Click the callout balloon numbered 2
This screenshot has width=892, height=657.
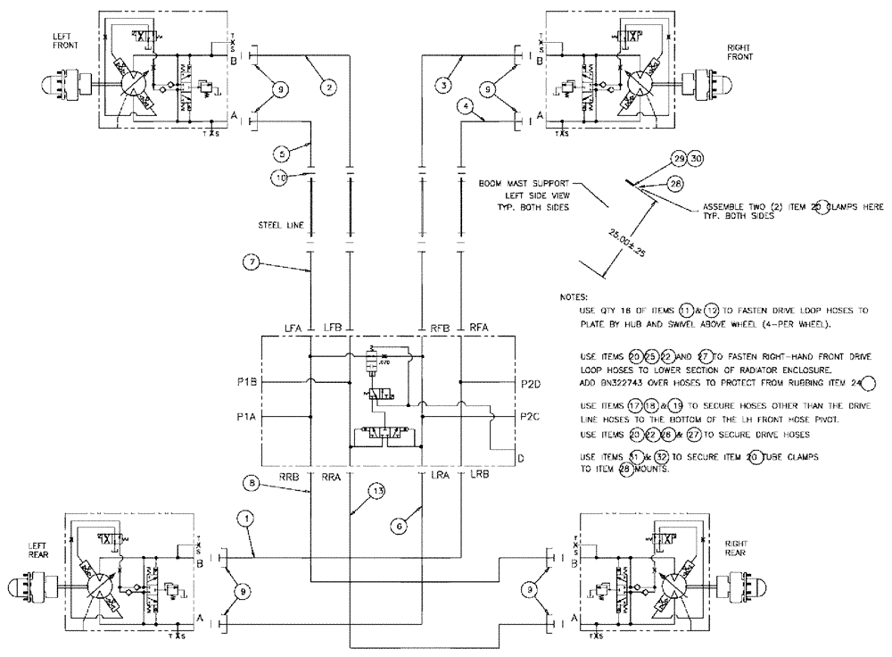[329, 87]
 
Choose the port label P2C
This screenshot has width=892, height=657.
[529, 416]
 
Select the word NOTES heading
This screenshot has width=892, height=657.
[575, 295]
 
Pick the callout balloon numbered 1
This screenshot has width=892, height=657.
[244, 518]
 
